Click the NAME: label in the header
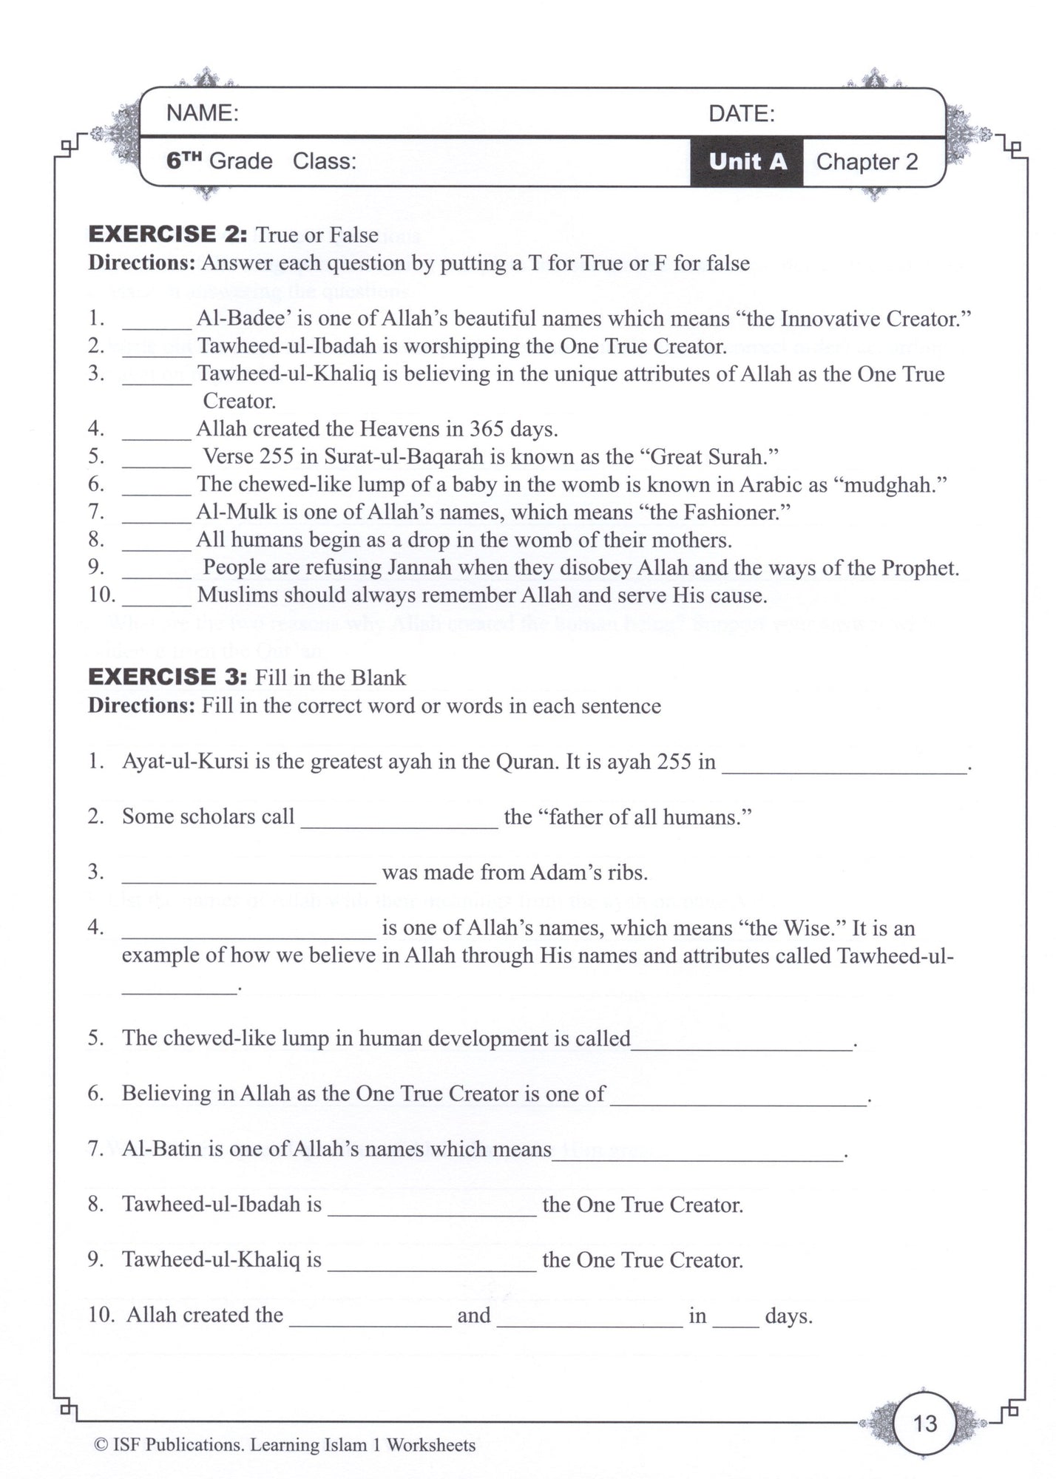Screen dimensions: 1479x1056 pyautogui.click(x=202, y=113)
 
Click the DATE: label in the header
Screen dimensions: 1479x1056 pyautogui.click(x=742, y=114)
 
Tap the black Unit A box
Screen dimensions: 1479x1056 pyautogui.click(x=747, y=161)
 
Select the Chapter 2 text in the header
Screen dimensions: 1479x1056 pyautogui.click(x=867, y=162)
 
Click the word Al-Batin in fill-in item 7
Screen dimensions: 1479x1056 pyautogui.click(x=160, y=1149)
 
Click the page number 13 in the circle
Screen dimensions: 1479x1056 pyautogui.click(x=925, y=1423)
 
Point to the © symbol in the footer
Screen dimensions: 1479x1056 pyautogui.click(x=101, y=1445)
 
